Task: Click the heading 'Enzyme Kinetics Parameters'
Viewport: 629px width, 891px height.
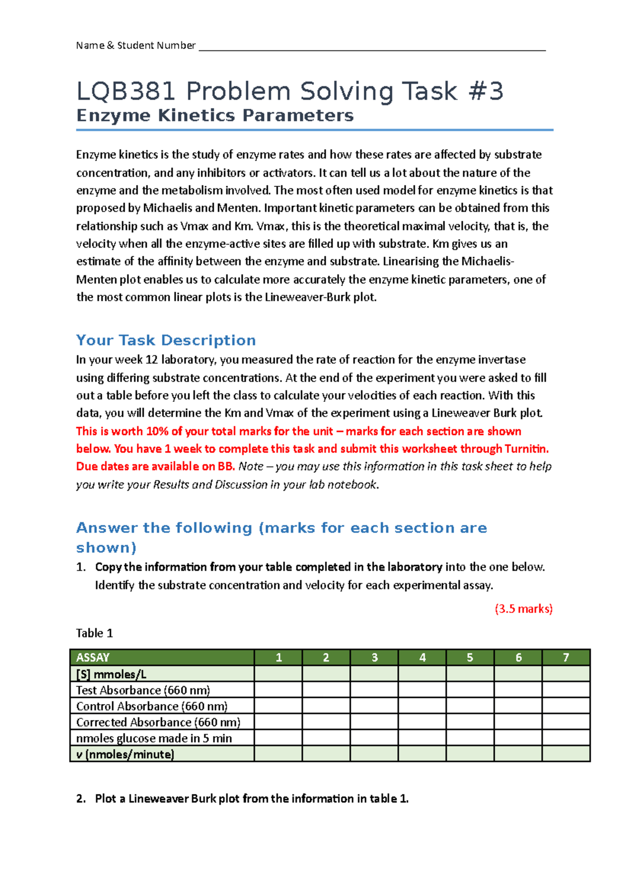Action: [x=215, y=115]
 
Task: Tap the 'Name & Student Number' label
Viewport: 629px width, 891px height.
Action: [x=135, y=46]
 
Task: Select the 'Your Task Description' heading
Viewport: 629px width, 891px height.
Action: [x=166, y=340]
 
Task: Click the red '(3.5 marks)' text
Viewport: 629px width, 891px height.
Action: [x=524, y=609]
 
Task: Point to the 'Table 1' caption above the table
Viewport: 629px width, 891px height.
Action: [x=94, y=633]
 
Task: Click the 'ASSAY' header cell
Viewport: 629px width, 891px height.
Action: [x=93, y=657]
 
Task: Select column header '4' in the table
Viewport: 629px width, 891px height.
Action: [x=422, y=657]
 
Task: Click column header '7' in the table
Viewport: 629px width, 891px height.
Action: [x=566, y=657]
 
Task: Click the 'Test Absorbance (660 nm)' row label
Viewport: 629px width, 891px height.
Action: [x=143, y=690]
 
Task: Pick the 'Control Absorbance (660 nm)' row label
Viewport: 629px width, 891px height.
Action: [x=152, y=706]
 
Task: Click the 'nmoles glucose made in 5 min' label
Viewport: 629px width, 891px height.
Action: [x=154, y=738]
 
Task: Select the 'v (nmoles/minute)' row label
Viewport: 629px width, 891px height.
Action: [x=125, y=755]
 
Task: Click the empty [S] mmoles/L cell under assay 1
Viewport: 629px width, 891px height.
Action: [x=278, y=674]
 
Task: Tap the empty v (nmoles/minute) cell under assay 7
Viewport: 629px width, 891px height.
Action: [x=566, y=755]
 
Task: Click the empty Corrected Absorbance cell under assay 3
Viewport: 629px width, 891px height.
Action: [x=374, y=723]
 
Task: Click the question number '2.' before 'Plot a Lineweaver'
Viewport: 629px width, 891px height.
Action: [x=81, y=799]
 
